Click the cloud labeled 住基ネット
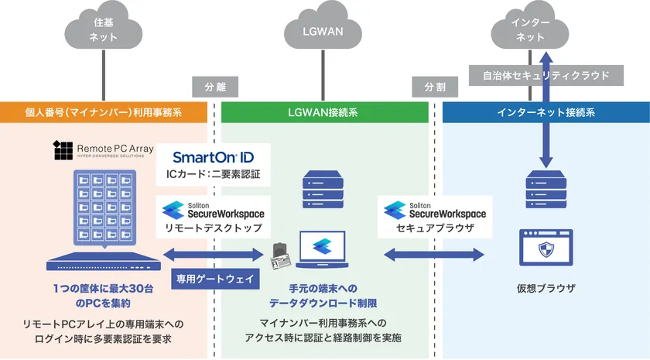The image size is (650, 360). pyautogui.click(x=104, y=30)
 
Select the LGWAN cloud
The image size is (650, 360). pyautogui.click(x=323, y=32)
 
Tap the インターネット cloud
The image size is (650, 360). pyautogui.click(x=531, y=30)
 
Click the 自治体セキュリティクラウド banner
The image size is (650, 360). pyautogui.click(x=546, y=75)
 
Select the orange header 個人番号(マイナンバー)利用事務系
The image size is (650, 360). pyautogui.click(x=104, y=112)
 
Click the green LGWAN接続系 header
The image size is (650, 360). pyautogui.click(x=325, y=112)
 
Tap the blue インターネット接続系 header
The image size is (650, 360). pyautogui.click(x=546, y=112)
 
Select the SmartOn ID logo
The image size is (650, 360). pyautogui.click(x=212, y=156)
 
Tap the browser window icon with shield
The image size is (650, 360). pyautogui.click(x=546, y=247)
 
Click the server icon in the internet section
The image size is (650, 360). pyautogui.click(x=546, y=189)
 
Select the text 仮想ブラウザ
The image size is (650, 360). pyautogui.click(x=546, y=289)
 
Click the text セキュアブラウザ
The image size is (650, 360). pyautogui.click(x=436, y=230)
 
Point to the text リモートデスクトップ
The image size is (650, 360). pyautogui.click(x=212, y=230)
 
